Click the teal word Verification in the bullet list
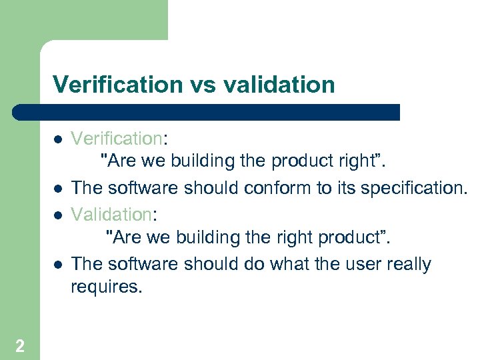(x=117, y=139)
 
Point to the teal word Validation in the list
(x=111, y=214)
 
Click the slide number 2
(x=20, y=345)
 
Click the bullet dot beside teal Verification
(x=58, y=139)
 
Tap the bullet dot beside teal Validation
(x=58, y=215)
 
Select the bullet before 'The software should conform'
(x=58, y=189)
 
